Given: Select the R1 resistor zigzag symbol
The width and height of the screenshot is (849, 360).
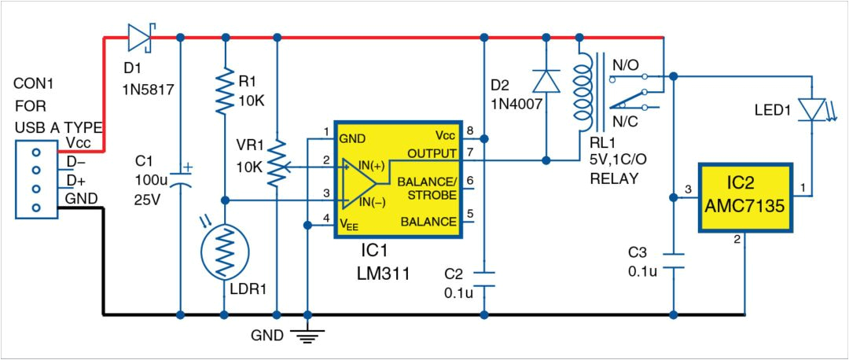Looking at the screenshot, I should pyautogui.click(x=226, y=90).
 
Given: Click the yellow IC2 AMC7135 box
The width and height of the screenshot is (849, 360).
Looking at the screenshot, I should pyautogui.click(x=746, y=198).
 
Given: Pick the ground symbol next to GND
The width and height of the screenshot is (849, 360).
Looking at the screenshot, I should pyautogui.click(x=307, y=336).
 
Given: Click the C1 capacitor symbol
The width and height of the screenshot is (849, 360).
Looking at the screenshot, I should pyautogui.click(x=181, y=175).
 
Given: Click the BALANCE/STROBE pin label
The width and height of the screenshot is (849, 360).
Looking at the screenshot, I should pyautogui.click(x=426, y=187).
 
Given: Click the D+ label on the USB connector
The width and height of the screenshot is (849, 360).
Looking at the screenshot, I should pyautogui.click(x=75, y=181).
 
